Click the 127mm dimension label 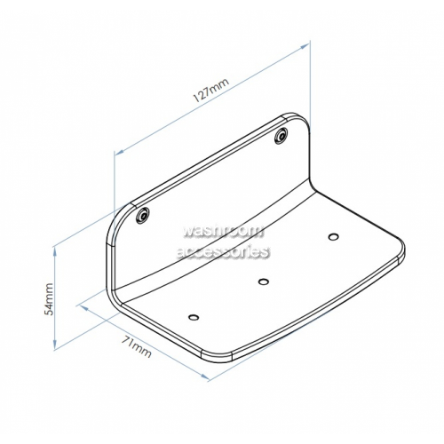tap(211, 90)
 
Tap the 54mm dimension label tap(48, 299)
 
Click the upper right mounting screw tap(281, 136)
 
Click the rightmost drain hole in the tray tap(334, 237)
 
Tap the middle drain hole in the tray tap(263, 281)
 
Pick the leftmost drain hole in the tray tap(194, 318)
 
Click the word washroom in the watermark tap(223, 231)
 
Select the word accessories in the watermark tap(223, 252)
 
